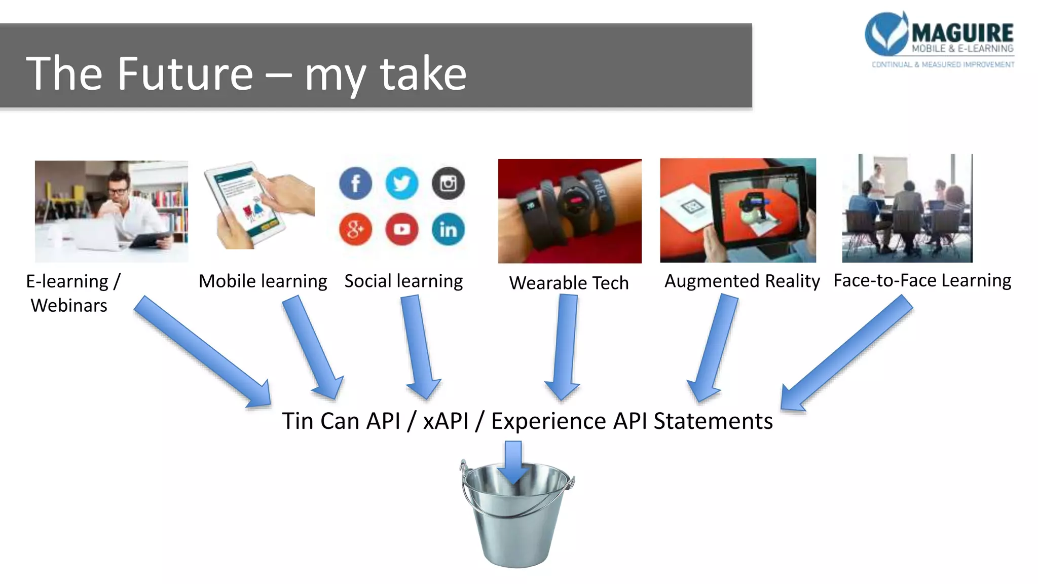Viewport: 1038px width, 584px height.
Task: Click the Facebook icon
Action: [355, 183]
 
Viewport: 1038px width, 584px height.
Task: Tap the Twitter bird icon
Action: [402, 183]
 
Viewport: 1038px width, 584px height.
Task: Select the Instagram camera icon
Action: [448, 183]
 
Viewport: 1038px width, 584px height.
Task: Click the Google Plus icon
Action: [355, 229]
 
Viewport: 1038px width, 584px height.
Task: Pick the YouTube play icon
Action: [402, 229]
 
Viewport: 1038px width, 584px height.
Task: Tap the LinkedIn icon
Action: [448, 229]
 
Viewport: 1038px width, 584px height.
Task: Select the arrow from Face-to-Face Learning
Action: [846, 355]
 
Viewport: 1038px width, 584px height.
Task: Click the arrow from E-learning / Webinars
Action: [203, 352]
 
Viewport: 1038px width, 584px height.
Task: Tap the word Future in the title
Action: [185, 74]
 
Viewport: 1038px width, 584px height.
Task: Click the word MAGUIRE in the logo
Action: [962, 33]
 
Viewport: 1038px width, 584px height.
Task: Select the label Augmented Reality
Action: [742, 281]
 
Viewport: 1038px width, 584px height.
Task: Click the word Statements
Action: [713, 421]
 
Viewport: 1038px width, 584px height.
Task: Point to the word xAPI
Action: [446, 421]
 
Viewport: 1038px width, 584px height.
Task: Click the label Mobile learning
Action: [263, 281]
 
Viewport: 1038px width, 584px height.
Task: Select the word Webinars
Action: [69, 306]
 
